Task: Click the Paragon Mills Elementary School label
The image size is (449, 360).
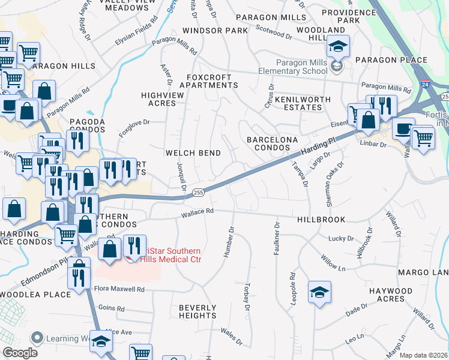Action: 301,67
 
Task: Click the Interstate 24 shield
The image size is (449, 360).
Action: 425,85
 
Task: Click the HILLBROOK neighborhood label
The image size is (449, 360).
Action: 321,220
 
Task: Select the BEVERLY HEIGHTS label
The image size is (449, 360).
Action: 197,311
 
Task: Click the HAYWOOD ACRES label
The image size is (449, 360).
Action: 390,295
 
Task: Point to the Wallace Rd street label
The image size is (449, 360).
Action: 198,211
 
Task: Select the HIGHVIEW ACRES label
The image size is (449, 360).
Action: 158,99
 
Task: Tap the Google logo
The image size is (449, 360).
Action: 19,352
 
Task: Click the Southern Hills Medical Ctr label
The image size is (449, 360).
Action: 171,255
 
